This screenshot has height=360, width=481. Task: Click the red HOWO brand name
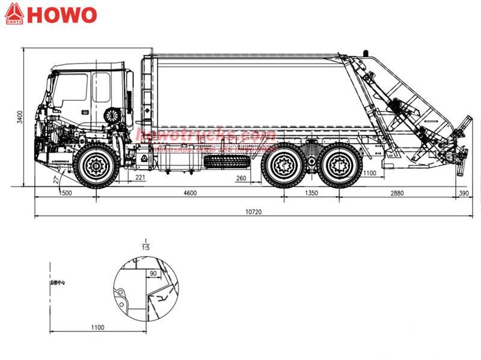[x=62, y=14]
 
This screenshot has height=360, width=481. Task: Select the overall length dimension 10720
[x=253, y=212]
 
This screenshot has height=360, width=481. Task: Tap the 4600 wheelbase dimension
[x=189, y=193]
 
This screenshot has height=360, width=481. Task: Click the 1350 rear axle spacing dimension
[x=312, y=193]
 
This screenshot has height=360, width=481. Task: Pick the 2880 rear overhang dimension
[x=397, y=193]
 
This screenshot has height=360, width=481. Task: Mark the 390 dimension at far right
[x=463, y=193]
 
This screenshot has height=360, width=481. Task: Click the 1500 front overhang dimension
[x=64, y=193]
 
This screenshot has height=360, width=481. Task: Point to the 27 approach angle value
[x=56, y=179]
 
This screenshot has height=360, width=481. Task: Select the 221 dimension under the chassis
[x=140, y=178]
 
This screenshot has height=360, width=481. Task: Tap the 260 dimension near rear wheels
[x=241, y=178]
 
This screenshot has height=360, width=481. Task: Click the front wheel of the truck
[x=96, y=165]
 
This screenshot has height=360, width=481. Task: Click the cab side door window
[x=73, y=89]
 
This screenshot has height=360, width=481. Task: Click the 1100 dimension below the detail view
[x=97, y=327]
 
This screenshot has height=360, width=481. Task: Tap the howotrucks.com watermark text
[x=206, y=135]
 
